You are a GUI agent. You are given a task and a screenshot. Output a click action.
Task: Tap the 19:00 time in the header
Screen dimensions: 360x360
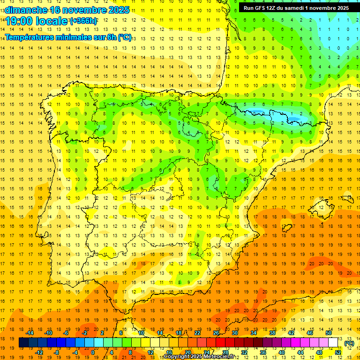[x=20, y=21]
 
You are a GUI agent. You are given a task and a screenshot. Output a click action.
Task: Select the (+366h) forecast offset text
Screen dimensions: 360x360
[x=83, y=21]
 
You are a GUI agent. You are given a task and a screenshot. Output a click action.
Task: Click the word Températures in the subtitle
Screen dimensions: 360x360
[x=31, y=37]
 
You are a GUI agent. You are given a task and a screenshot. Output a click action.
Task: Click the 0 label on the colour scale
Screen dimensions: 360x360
[x=93, y=352]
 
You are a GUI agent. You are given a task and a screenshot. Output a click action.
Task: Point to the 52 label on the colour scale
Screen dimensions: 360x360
[x=337, y=352]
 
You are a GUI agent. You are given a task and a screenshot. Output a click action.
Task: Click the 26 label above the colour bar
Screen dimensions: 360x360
[x=216, y=332]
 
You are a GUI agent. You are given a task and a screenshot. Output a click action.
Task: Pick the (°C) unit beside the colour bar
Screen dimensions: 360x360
[x=349, y=343]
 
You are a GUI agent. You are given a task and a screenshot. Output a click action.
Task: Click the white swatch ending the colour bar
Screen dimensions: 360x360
[x=333, y=343]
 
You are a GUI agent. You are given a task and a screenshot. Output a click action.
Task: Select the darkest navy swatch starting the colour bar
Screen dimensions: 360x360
[x=24, y=343]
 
